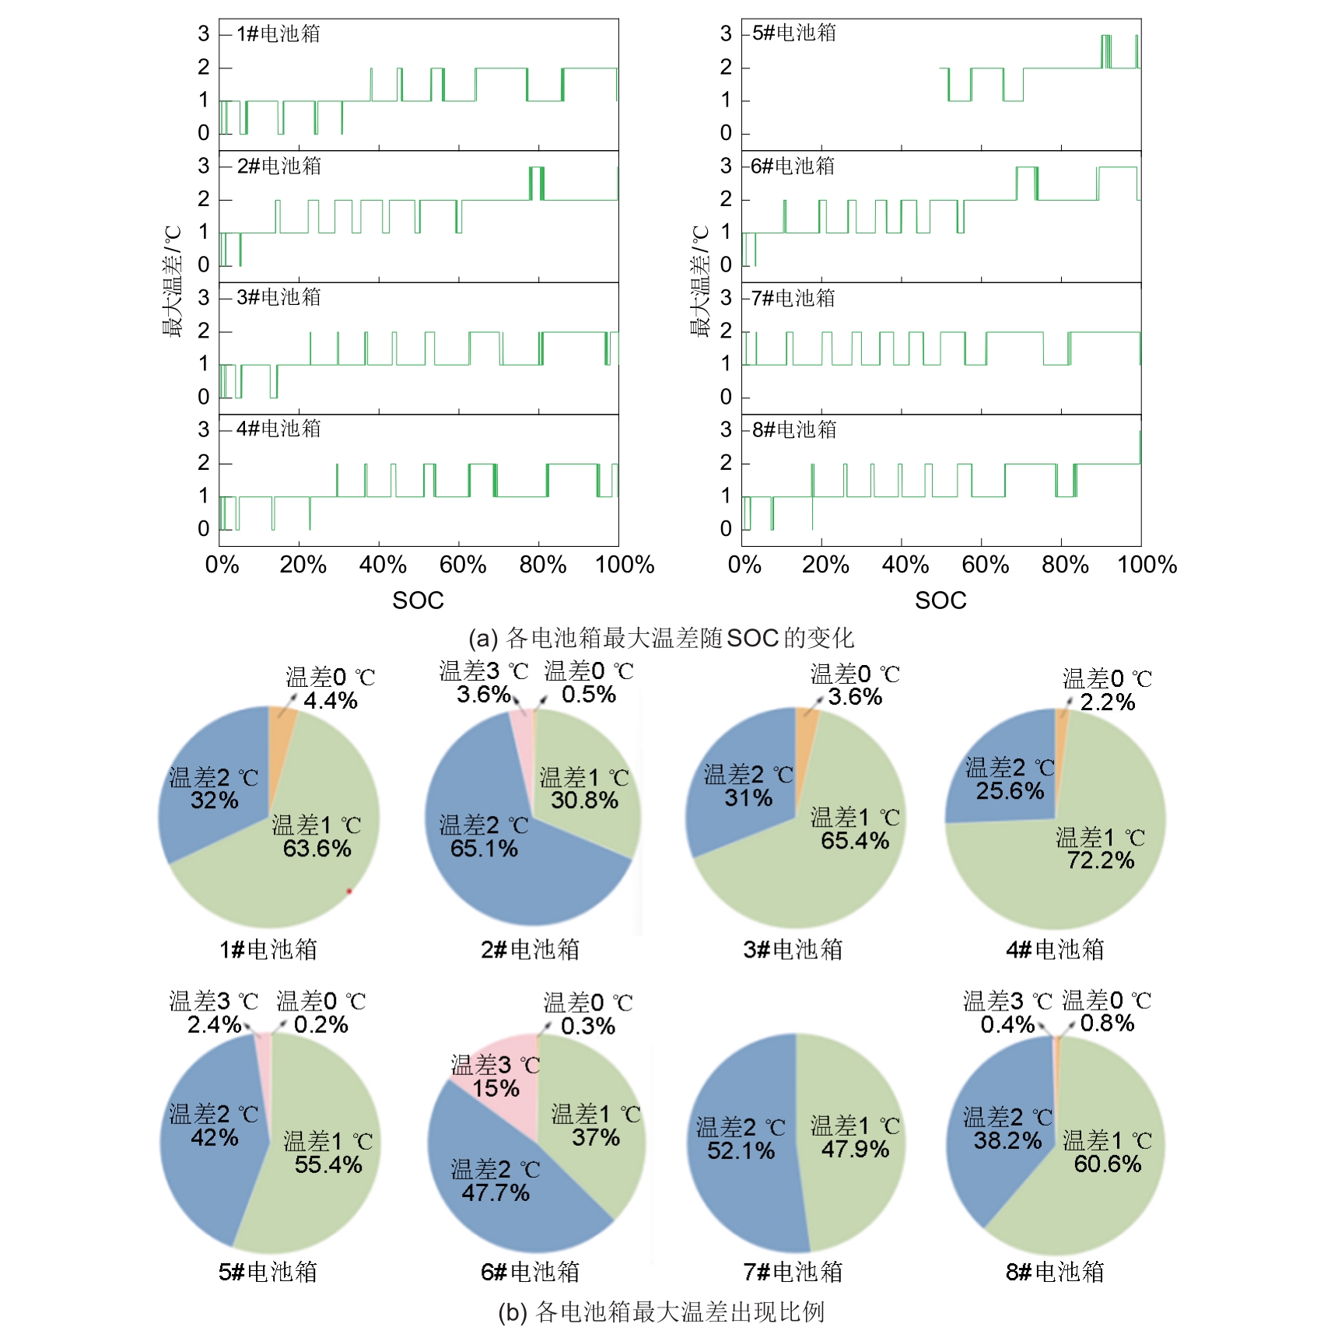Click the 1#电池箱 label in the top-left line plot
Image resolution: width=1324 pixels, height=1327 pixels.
point(278,33)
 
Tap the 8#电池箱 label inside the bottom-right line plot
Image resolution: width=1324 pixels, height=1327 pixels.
point(794,429)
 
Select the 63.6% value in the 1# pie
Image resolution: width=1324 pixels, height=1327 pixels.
point(317,848)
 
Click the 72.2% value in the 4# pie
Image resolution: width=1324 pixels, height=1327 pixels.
point(1100,860)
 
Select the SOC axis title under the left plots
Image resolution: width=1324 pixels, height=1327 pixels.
point(418,600)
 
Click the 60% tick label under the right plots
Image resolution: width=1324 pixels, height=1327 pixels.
point(985,565)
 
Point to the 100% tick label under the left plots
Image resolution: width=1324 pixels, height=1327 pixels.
point(624,565)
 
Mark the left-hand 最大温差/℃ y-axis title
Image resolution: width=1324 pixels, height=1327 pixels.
point(172,282)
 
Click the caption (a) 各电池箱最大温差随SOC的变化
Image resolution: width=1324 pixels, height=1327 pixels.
point(661,638)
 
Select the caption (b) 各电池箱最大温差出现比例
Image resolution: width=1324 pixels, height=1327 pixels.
point(661,1312)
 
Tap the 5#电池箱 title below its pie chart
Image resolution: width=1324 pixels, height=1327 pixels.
point(268,1272)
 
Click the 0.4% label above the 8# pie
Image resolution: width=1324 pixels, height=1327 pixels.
point(1007,1024)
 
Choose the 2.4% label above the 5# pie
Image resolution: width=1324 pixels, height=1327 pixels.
point(214,1024)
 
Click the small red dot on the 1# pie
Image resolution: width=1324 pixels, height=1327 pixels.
point(349,891)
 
